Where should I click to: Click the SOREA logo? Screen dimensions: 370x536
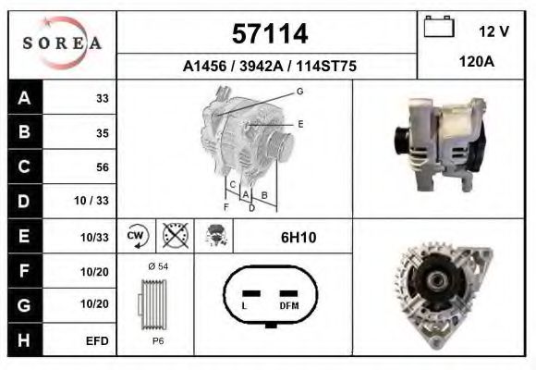coord(62,44)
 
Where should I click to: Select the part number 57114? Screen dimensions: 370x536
coord(268,34)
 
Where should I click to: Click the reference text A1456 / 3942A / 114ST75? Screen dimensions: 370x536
coord(268,67)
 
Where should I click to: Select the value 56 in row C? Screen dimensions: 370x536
coord(101,167)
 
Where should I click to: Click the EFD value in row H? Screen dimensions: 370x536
coord(97,341)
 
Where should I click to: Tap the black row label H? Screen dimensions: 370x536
coord(23,340)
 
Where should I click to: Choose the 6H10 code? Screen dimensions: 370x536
coord(298,238)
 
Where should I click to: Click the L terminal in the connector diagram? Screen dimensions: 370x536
coord(244,305)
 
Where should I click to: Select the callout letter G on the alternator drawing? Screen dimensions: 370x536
coord(299,91)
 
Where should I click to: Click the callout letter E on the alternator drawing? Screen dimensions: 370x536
coord(300,123)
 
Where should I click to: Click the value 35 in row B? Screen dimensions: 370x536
coord(102,133)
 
